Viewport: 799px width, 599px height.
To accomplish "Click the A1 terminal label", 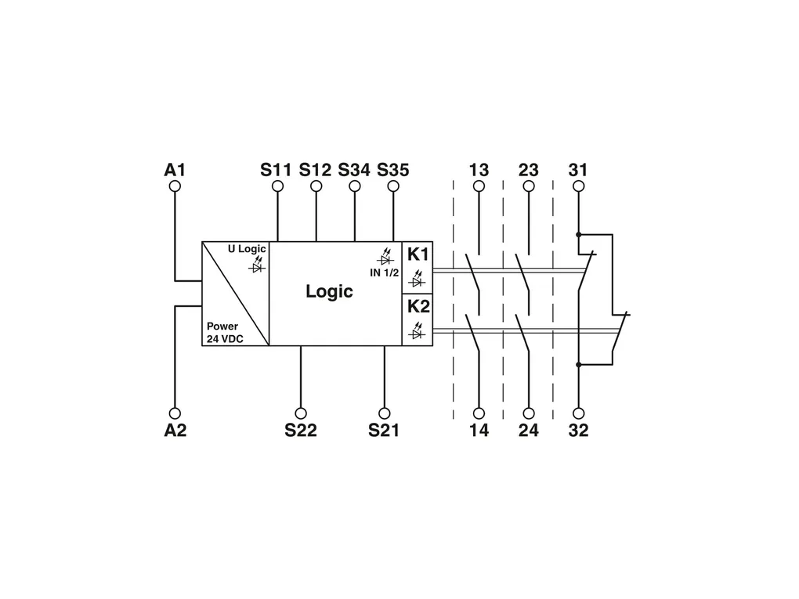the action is point(175,170).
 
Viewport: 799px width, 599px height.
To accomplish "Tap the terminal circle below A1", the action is point(175,186).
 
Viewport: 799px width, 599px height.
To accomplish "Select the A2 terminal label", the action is point(175,431).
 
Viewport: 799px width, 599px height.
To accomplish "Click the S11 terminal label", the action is point(276,170).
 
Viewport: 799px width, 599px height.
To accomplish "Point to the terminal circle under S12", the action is point(316,186).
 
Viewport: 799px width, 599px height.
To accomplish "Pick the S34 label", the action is point(354,170).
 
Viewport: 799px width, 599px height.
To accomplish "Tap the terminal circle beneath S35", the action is point(393,186).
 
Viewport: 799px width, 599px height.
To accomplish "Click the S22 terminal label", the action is point(301,431).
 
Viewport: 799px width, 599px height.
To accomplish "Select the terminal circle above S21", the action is point(385,413).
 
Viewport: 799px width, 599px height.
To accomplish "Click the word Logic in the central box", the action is point(329,291).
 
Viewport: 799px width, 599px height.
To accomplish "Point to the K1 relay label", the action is point(418,254).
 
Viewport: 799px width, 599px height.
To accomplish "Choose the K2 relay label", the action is point(418,306).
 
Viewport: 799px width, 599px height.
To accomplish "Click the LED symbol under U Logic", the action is point(258,265).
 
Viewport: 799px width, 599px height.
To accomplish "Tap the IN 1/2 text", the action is point(384,273).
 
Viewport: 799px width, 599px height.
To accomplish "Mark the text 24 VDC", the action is point(225,339).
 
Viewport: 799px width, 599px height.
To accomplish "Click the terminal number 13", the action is point(479,170).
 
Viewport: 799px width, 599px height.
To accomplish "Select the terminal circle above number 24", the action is point(529,413).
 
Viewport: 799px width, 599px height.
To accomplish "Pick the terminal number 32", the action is point(578,431).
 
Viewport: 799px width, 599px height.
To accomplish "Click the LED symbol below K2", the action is point(418,331).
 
